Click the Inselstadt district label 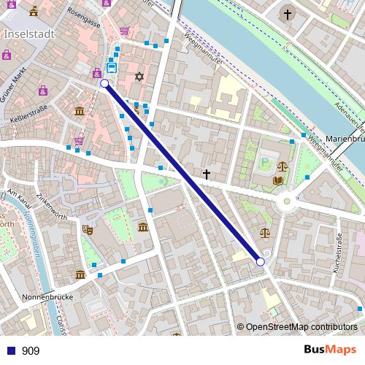click(x=28, y=34)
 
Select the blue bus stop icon click(x=111, y=68)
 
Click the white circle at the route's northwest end click(x=104, y=84)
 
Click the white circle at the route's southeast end click(x=261, y=261)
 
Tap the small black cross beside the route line click(x=207, y=174)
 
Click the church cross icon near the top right click(x=287, y=14)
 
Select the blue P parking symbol click(x=264, y=162)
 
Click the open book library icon click(x=277, y=180)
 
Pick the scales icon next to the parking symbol click(x=283, y=166)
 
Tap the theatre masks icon click(x=88, y=229)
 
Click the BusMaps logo click(x=331, y=350)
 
